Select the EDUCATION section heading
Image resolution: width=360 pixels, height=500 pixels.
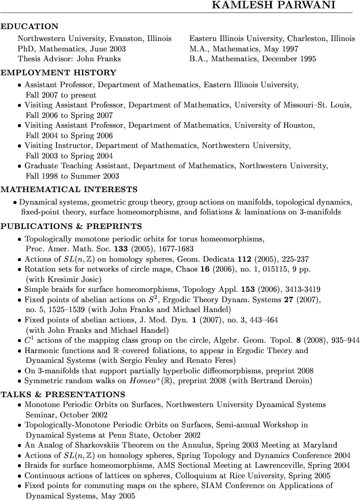tap(30, 26)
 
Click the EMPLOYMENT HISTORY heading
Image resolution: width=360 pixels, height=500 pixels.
tap(59, 73)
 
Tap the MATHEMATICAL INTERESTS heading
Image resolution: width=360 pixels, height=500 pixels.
tap(69, 190)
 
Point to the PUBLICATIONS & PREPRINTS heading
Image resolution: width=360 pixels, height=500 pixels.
tap(71, 226)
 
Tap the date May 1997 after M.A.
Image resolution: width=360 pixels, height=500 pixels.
tap(279, 49)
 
